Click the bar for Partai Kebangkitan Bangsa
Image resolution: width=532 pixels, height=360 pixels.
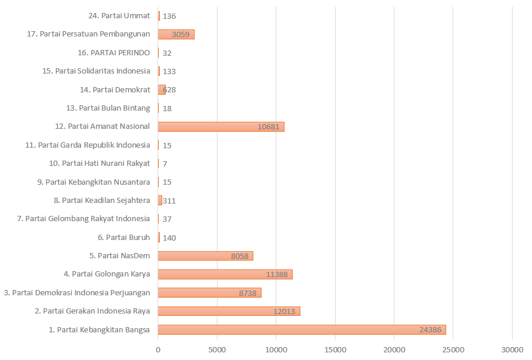pos(302,330)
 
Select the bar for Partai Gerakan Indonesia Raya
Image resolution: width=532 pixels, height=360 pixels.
pos(229,311)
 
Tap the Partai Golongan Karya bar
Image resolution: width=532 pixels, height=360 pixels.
pos(225,275)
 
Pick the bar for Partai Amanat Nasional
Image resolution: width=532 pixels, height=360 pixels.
pos(221,126)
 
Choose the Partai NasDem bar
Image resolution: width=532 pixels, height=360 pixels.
pos(205,256)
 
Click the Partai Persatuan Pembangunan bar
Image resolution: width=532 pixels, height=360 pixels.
pos(176,34)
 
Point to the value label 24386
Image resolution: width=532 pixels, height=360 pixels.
pos(430,330)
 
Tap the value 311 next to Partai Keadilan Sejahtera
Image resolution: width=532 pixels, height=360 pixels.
pos(169,201)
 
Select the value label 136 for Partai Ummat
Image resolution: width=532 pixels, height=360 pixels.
pos(169,16)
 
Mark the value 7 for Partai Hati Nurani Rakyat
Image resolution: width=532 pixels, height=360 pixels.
pos(165,164)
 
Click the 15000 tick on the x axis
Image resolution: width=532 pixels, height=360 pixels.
pos(335,350)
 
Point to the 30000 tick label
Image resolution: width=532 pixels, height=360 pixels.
pos(512,350)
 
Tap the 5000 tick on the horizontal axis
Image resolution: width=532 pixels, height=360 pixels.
pos(217,350)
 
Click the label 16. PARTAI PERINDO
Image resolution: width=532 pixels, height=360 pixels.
pos(113,53)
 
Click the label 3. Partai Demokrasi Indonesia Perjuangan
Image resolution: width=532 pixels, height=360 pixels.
pos(77,293)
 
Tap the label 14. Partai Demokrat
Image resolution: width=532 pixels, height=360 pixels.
pos(115,90)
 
